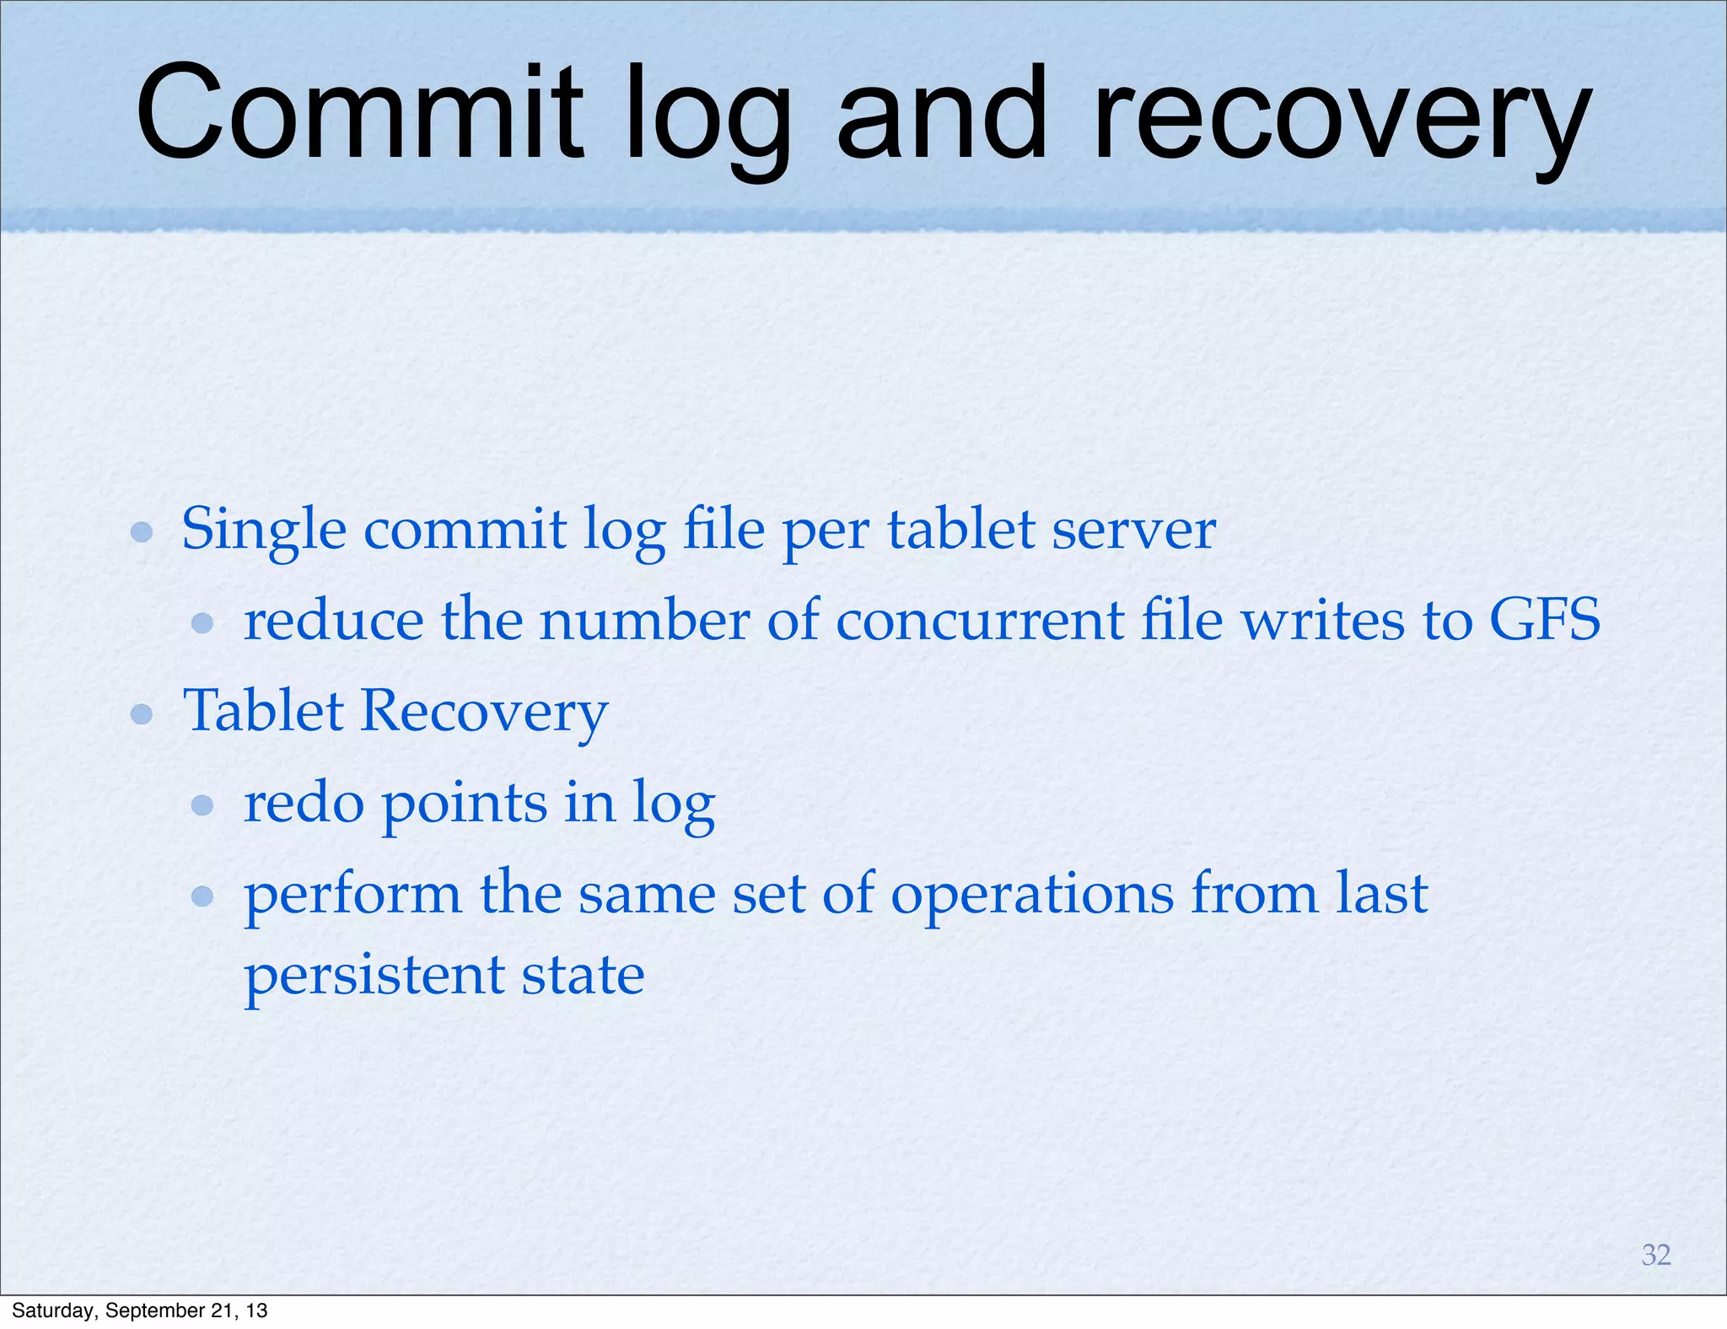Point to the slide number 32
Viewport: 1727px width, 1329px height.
(1656, 1255)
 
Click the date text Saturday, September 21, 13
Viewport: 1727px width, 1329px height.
(140, 1310)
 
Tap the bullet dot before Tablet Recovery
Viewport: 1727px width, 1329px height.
(142, 715)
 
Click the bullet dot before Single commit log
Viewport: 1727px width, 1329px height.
(142, 532)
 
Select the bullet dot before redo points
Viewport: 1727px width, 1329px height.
(202, 805)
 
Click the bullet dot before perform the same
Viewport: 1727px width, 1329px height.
(202, 896)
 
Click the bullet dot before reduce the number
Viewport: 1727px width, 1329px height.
(202, 623)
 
